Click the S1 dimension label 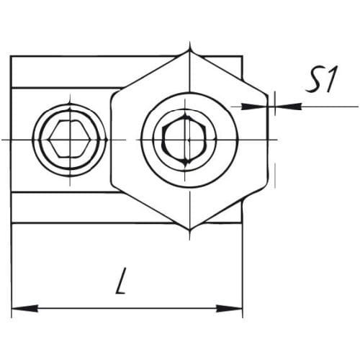click(x=322, y=79)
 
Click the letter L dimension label click(x=121, y=281)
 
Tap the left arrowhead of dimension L click(x=24, y=309)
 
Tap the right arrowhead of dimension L click(x=229, y=309)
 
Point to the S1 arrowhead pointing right click(x=254, y=107)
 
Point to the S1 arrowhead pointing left click(x=288, y=107)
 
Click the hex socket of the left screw click(x=70, y=139)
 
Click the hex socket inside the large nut click(x=184, y=140)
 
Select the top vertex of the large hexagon click(x=189, y=50)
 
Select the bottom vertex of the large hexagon click(x=189, y=229)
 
